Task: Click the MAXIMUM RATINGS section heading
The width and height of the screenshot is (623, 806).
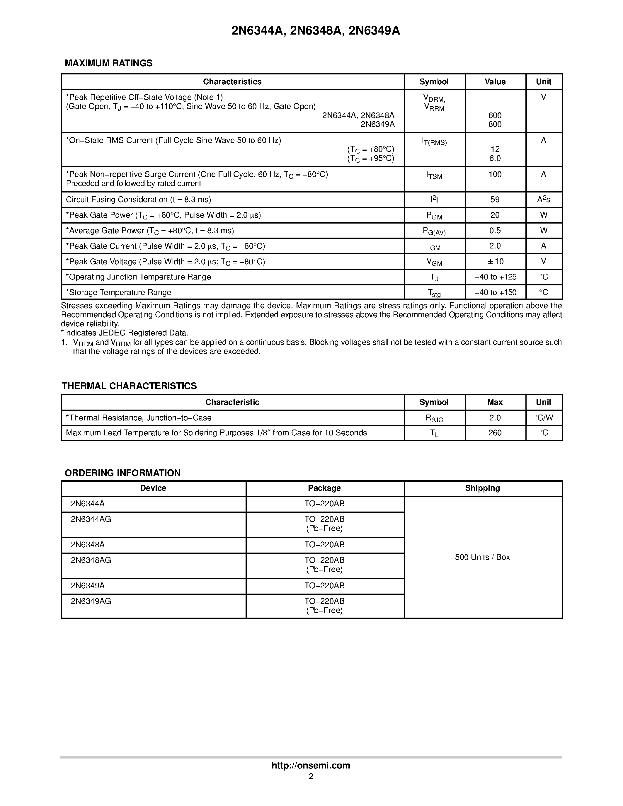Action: [108, 63]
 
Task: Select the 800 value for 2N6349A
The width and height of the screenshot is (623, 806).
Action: [495, 124]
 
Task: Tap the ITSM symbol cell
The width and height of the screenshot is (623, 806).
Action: [434, 176]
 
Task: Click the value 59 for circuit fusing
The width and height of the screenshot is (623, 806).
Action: [495, 200]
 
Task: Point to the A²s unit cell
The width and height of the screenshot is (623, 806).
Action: [543, 200]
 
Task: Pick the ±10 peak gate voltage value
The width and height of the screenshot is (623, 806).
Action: [495, 262]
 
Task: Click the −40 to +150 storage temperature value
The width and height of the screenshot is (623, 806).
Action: [495, 293]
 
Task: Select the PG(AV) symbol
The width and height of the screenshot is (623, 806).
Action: [434, 231]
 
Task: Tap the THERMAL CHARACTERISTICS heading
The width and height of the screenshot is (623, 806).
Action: [129, 386]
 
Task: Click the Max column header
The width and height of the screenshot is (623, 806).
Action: [495, 402]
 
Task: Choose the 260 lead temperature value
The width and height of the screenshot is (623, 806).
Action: [495, 433]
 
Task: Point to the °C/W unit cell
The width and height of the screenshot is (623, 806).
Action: [543, 418]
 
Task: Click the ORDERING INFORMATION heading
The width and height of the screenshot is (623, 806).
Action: [122, 473]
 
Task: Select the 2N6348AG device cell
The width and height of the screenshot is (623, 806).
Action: [91, 560]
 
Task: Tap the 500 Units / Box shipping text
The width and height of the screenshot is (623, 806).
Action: [482, 557]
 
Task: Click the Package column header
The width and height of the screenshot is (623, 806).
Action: [324, 488]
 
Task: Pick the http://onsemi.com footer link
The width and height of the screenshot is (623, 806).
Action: [311, 765]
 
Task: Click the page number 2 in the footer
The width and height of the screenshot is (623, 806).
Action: [311, 776]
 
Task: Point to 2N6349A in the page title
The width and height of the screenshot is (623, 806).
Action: [374, 31]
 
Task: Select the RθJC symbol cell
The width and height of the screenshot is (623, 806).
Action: [434, 418]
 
